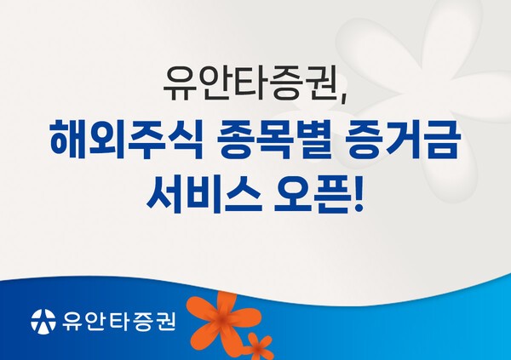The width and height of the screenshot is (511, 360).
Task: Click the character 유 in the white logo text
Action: [x=72, y=322]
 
